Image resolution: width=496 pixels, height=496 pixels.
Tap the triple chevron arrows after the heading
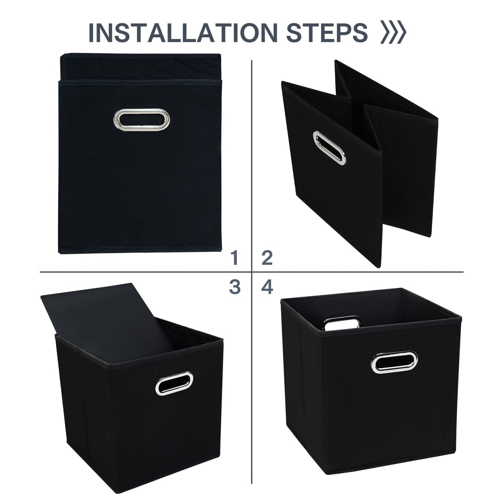393,33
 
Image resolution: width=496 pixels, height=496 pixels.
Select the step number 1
235,258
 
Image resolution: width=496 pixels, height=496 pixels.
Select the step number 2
267,258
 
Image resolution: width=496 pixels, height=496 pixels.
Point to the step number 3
235,287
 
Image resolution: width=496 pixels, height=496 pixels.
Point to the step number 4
267,287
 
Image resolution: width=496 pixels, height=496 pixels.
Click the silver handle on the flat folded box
141,119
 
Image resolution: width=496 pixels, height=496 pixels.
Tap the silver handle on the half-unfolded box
329,148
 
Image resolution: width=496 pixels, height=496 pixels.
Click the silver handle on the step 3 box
174,383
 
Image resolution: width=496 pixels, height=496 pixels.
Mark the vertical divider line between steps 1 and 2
252,154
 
